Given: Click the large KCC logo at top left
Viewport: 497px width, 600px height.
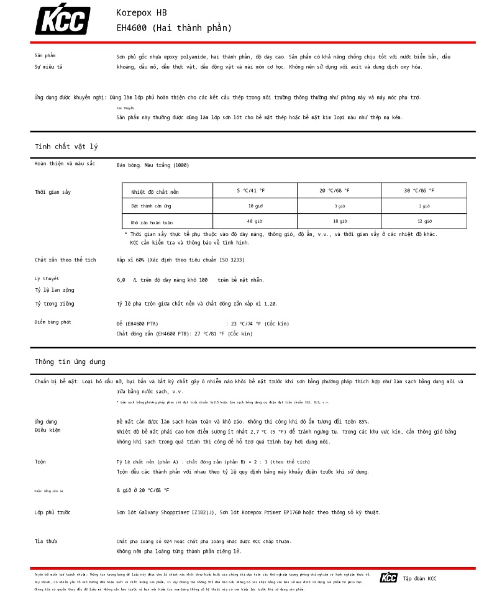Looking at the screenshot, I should click(x=62, y=20).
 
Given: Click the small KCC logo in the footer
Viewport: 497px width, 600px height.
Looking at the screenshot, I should click(x=388, y=578).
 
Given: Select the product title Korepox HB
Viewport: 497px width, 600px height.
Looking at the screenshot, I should click(x=142, y=13).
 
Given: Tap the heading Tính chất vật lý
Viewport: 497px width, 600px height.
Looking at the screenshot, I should click(x=66, y=147).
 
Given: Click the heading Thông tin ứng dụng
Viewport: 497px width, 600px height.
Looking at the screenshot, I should click(x=70, y=361).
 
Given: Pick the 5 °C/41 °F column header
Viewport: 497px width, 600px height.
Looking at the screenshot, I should click(x=250, y=191).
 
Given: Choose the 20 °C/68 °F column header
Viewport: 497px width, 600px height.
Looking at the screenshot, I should click(x=334, y=191).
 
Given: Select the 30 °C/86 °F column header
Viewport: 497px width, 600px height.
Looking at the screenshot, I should click(x=419, y=191).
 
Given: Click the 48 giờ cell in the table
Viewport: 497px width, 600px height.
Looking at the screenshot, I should click(x=255, y=221).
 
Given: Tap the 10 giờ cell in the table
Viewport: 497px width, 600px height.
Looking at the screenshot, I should click(x=255, y=206).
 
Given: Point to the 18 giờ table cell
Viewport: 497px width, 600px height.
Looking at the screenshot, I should click(x=340, y=221).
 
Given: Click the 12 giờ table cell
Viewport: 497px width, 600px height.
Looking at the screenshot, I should click(x=424, y=221).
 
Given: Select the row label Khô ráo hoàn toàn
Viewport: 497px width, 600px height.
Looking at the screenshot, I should click(x=152, y=222).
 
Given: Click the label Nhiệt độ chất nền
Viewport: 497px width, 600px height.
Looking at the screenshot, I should click(x=155, y=192).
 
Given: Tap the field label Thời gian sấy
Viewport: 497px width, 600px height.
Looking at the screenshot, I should click(x=53, y=192).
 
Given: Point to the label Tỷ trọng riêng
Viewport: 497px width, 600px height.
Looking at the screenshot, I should click(x=55, y=304).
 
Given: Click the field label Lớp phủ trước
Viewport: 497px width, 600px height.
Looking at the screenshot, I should click(x=53, y=512).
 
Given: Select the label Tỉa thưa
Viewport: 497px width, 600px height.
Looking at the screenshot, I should click(x=46, y=542).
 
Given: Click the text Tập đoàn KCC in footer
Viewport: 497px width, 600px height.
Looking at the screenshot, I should click(x=420, y=579).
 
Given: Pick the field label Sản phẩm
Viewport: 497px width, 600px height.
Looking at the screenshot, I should click(x=45, y=56).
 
